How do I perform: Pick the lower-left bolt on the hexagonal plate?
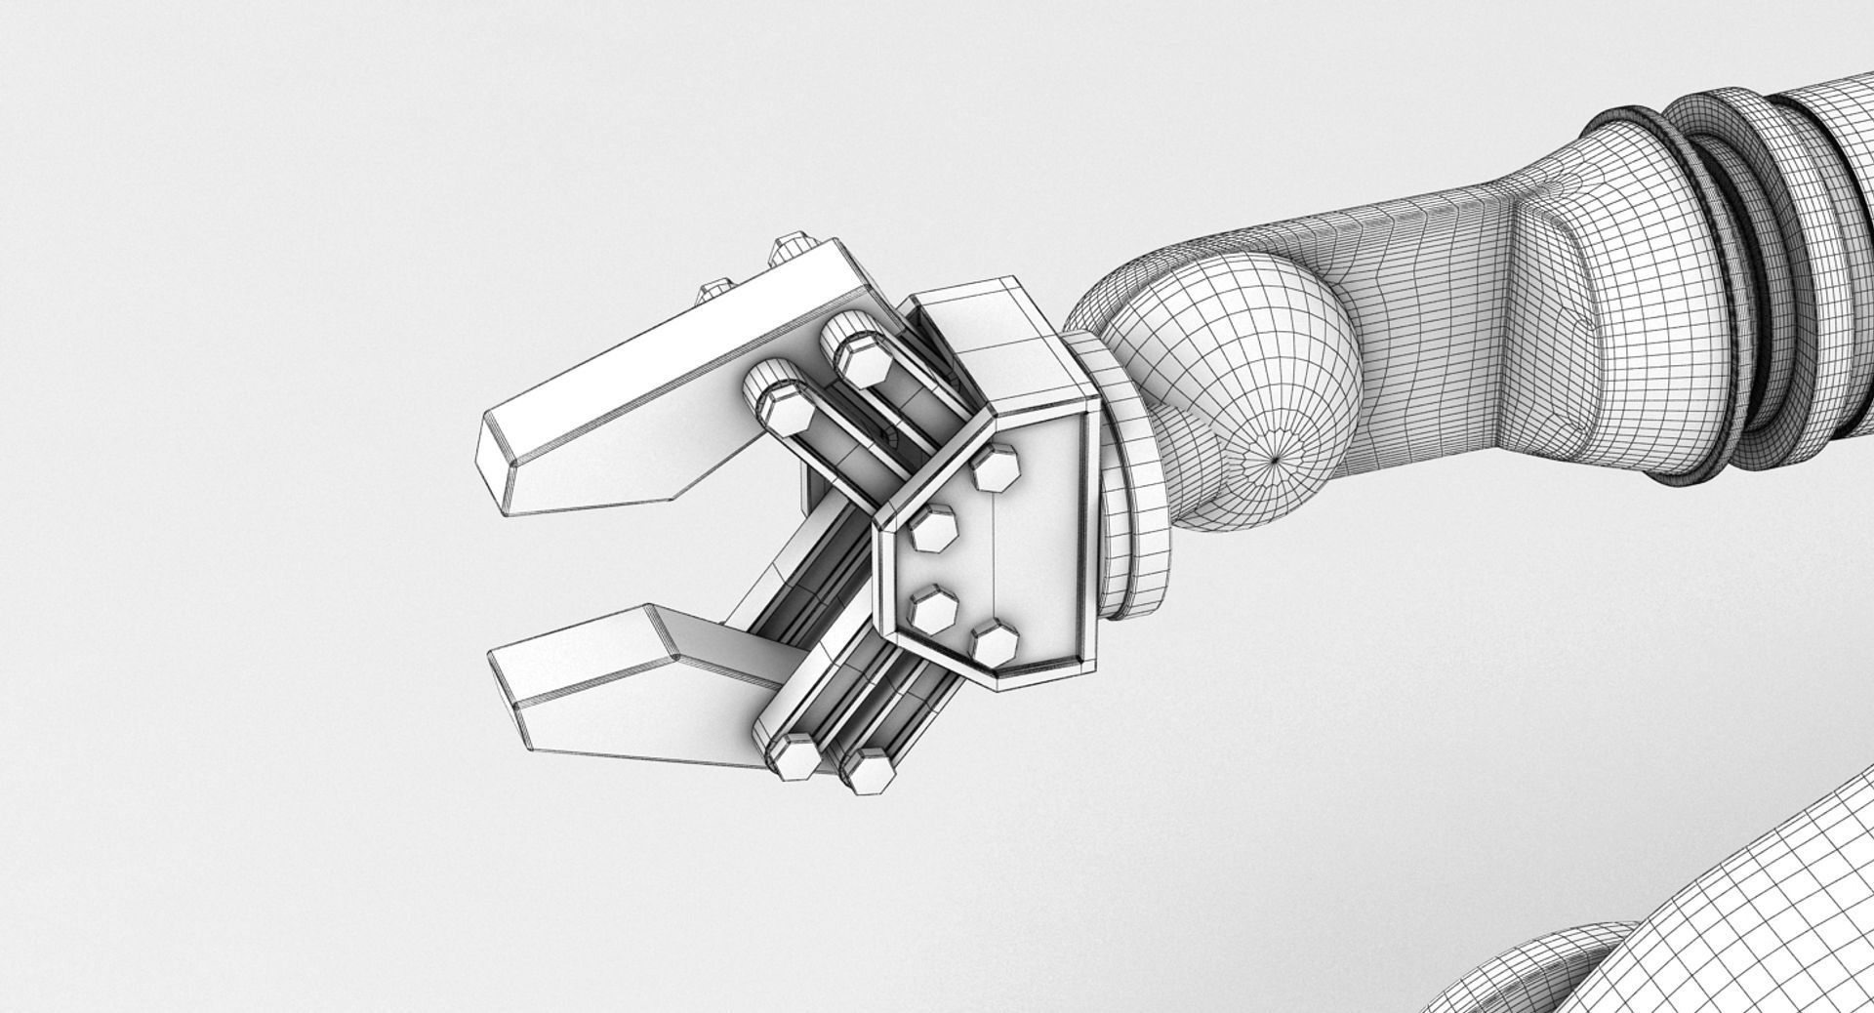tap(934, 611)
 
